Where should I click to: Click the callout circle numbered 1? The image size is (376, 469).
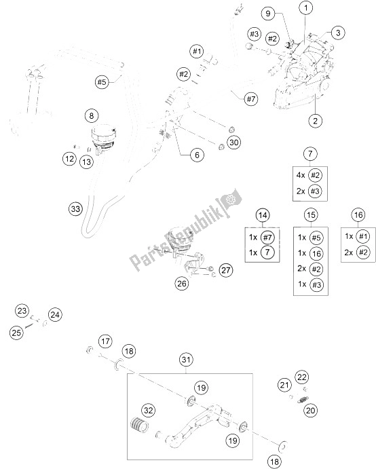306,8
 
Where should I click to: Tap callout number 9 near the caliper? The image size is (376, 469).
267,13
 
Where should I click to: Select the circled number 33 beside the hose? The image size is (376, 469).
76,208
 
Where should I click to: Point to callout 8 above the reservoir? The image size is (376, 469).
92,116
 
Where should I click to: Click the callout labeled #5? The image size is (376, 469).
102,81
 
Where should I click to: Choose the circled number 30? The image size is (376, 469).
234,143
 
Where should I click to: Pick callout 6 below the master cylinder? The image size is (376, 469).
197,155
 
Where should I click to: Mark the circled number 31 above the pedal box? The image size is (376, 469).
186,360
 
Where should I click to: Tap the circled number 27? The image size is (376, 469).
225,270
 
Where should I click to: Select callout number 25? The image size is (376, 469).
16,333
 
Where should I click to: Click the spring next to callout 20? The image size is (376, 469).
303,399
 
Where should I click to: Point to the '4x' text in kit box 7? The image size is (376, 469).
300,174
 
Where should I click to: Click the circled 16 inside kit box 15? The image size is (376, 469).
316,253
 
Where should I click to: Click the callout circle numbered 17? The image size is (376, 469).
105,341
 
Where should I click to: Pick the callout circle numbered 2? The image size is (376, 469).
315,121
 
